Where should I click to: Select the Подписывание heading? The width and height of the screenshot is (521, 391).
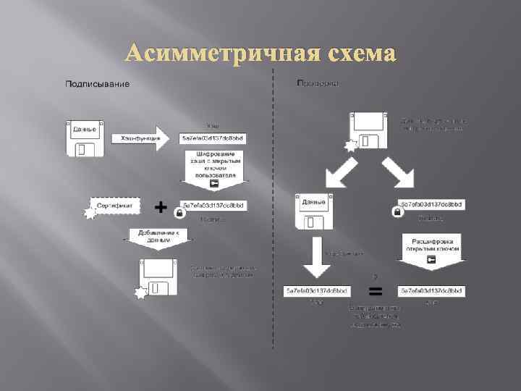98,85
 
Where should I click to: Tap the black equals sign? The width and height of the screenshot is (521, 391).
376,292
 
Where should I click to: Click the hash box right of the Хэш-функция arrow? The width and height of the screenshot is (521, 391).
214,138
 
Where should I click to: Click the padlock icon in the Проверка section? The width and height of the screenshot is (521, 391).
397,211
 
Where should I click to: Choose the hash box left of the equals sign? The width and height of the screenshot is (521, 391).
317,290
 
